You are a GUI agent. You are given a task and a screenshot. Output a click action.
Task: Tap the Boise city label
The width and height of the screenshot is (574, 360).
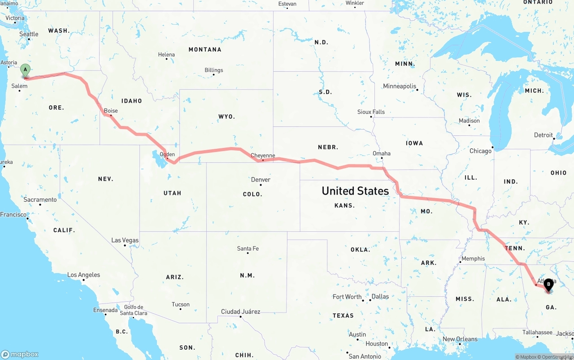click(111, 111)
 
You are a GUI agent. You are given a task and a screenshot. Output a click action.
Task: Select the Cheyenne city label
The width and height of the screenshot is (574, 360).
click(263, 156)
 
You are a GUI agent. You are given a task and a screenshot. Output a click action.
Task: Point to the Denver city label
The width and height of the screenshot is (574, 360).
click(261, 180)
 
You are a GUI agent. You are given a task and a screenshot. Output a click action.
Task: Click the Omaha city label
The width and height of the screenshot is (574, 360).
click(382, 153)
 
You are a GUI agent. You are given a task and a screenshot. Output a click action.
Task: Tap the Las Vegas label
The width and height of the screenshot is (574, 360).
click(125, 240)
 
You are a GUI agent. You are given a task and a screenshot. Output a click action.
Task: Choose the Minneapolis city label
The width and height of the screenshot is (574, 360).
click(400, 86)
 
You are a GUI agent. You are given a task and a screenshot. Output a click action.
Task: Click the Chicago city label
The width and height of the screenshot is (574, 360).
click(480, 151)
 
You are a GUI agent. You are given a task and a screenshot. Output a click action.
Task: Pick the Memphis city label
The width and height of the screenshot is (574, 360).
click(473, 258)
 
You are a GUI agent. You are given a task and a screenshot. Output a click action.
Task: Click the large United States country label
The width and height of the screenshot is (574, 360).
click(355, 191)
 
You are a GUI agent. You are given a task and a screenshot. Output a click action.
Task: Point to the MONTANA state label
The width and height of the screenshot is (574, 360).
click(205, 49)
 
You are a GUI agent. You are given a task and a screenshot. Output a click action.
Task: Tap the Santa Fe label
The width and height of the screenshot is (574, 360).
click(248, 248)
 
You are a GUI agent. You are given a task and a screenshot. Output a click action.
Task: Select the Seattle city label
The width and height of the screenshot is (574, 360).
click(29, 34)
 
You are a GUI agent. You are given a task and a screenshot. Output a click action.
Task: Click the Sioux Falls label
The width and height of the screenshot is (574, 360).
click(371, 112)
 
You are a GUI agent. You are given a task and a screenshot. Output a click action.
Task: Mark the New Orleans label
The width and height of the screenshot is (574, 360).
click(460, 339)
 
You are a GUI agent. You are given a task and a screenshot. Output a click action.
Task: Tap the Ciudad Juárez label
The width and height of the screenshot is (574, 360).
click(240, 312)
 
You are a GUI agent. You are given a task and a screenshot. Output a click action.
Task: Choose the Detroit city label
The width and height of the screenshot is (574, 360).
click(544, 135)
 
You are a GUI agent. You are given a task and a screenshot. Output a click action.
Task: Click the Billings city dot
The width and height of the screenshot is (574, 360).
click(213, 74)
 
